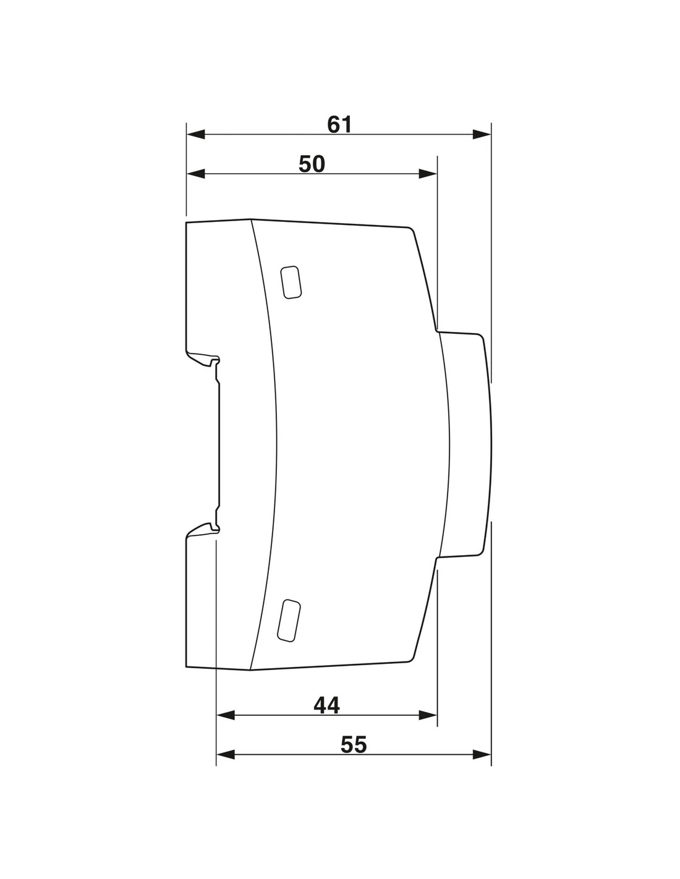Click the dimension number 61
click(339, 125)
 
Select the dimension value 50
click(312, 164)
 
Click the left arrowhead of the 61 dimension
click(196, 135)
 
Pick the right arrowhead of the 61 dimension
click(482, 135)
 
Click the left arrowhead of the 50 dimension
click(196, 174)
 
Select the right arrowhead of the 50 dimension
click(428, 174)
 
